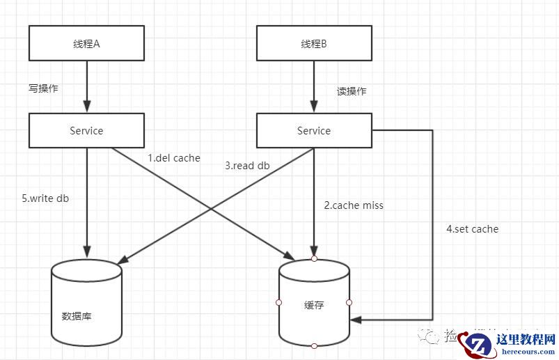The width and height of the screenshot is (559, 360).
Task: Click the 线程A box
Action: click(86, 43)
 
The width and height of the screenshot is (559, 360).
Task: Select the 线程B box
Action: click(314, 43)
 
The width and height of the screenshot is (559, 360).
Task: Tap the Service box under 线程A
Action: click(86, 130)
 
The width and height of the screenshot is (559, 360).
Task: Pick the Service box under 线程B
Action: click(314, 130)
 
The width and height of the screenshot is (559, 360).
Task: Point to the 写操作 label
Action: click(42, 88)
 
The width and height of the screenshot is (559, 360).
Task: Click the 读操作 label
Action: click(352, 91)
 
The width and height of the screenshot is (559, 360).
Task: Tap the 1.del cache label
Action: click(174, 158)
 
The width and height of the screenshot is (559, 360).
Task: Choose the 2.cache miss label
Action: click(354, 205)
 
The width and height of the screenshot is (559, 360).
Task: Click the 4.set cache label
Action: click(472, 228)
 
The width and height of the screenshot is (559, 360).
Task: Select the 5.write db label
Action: click(45, 198)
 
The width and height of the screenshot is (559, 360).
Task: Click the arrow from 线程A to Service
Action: click(86, 86)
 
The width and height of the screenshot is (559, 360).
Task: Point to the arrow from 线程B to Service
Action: click(314, 86)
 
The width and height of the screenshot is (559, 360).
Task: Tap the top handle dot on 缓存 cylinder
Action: click(314, 258)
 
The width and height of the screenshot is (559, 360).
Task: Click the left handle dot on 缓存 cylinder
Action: click(278, 302)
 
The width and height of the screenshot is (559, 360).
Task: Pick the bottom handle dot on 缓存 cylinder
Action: click(314, 346)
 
